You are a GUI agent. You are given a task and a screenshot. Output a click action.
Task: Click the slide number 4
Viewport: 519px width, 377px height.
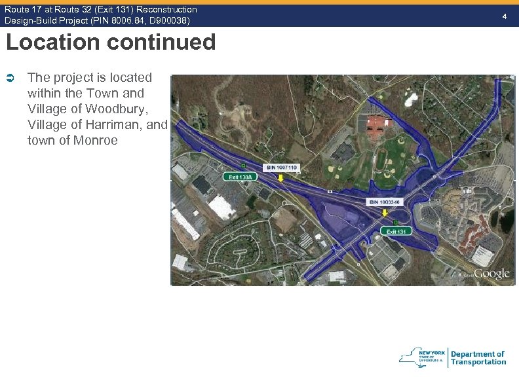coord(504,15)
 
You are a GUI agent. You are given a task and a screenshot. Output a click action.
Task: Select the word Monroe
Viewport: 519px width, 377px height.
coord(95,140)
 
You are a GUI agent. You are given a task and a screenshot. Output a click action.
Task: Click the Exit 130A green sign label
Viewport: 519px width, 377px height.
coord(241,177)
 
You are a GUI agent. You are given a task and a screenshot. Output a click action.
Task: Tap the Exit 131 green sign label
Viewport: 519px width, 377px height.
coord(396,232)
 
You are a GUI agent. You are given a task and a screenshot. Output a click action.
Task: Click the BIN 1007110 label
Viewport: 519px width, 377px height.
coord(282,168)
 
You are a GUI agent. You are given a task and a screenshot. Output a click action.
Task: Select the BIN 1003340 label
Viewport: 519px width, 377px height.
coord(384,202)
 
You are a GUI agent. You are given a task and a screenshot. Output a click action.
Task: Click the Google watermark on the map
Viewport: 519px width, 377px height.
coord(491,274)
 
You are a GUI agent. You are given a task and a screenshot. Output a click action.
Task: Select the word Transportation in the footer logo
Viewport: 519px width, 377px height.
coord(478,362)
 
